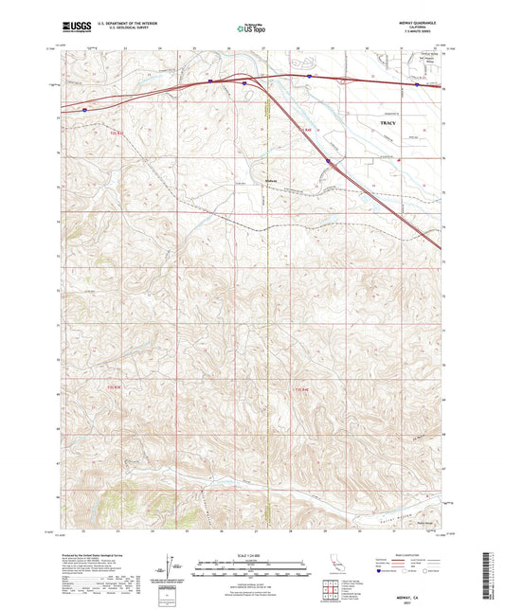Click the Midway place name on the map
point(272,180)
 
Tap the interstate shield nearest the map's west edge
point(83,110)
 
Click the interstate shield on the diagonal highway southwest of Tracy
point(329,161)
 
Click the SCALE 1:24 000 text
point(251,555)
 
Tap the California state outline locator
point(335,567)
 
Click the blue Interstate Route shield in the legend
point(384,571)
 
